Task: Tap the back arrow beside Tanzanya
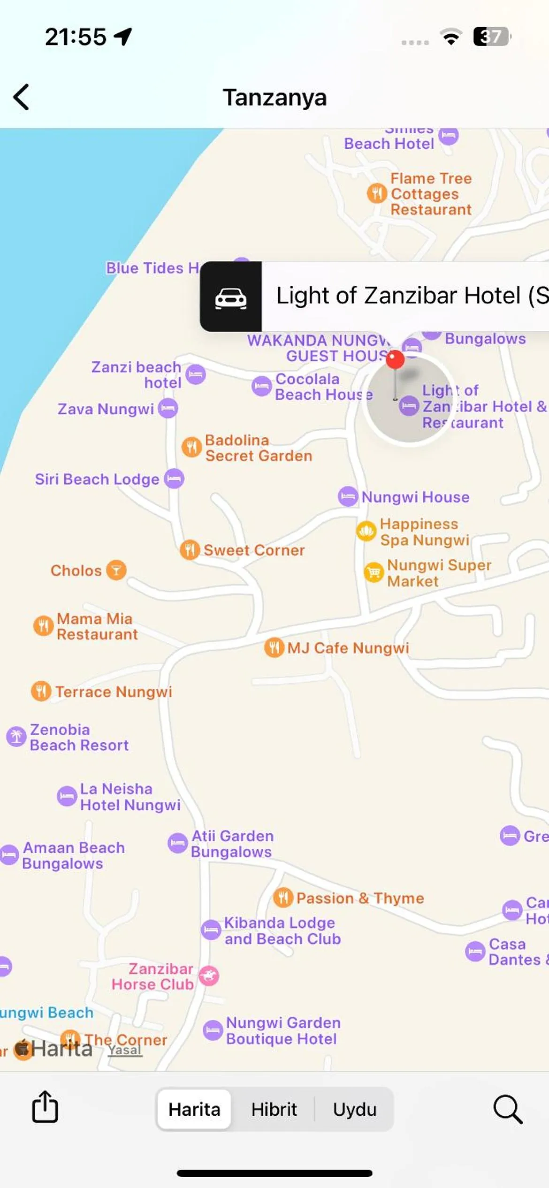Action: (x=22, y=97)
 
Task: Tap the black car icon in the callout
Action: (x=231, y=297)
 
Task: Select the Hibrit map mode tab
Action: (x=274, y=1110)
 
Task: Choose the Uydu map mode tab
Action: (x=355, y=1110)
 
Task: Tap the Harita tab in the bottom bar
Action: (x=194, y=1110)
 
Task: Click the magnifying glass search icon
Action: (x=508, y=1110)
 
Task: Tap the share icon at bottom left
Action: (x=45, y=1107)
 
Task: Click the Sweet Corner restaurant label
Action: (x=254, y=550)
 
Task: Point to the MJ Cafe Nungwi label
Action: (x=348, y=648)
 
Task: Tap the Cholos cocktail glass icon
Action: (x=116, y=570)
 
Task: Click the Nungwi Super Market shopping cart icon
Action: (x=374, y=572)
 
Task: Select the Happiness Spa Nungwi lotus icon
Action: (x=366, y=531)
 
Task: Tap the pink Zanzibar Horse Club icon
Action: (x=209, y=976)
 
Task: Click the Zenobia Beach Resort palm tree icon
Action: (x=16, y=737)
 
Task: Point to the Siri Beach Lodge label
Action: (x=97, y=479)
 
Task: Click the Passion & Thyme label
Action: (x=360, y=898)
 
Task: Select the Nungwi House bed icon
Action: (x=348, y=496)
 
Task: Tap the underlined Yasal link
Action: (x=124, y=1050)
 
